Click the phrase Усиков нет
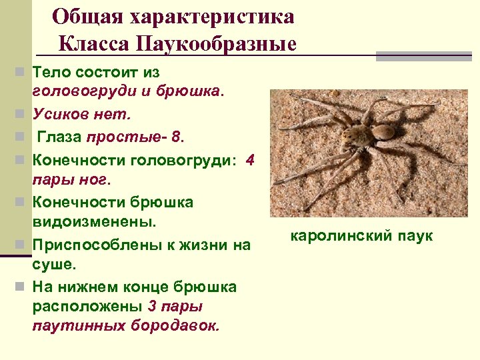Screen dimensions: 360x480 pos(81,114)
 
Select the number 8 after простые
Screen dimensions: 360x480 pos(175,137)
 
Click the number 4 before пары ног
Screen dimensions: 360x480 pos(250,160)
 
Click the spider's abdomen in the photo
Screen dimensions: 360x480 pos(384,132)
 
